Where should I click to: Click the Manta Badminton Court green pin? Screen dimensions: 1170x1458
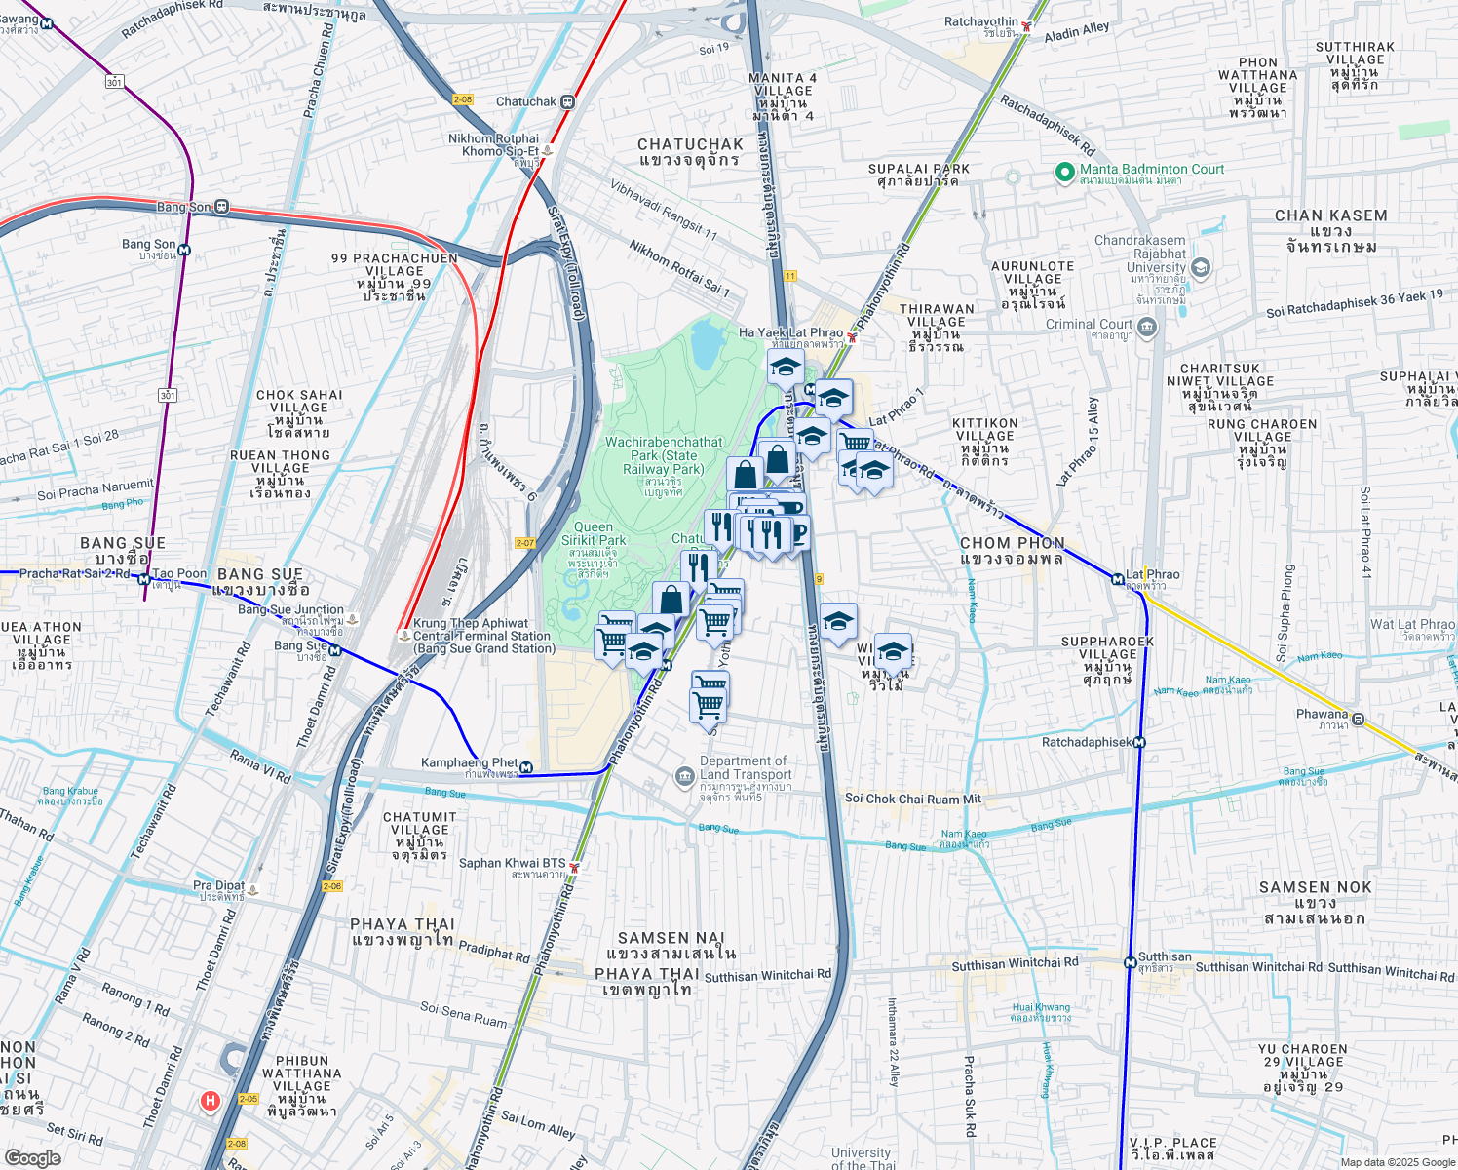pos(1065,173)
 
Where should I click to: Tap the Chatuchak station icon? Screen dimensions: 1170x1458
pos(568,101)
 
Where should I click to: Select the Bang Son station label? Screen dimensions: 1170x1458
pos(184,207)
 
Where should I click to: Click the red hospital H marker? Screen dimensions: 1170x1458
pos(210,1101)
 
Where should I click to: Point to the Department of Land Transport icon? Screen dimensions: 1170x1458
pos(685,776)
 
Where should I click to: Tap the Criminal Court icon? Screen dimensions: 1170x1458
pos(1147,326)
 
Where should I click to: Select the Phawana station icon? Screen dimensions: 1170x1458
pos(1358,721)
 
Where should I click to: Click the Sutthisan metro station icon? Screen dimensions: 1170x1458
pos(1130,963)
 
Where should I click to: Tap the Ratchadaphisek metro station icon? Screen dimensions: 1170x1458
pos(1139,742)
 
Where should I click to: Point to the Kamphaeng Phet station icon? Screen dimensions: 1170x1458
pos(527,767)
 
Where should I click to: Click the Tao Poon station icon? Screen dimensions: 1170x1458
pos(144,579)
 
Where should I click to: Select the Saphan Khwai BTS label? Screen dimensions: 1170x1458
pos(512,863)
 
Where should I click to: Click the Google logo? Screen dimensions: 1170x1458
pos(32,1157)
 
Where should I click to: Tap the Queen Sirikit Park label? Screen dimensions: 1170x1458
pos(594,533)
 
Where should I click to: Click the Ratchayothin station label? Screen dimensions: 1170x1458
pos(980,21)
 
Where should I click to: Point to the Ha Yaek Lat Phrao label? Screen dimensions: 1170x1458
pos(790,332)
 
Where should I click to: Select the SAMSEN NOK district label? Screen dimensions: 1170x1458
pos(1315,887)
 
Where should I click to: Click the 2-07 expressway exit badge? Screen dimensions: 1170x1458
pos(525,543)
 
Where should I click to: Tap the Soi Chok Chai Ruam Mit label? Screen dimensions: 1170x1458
pos(912,799)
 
